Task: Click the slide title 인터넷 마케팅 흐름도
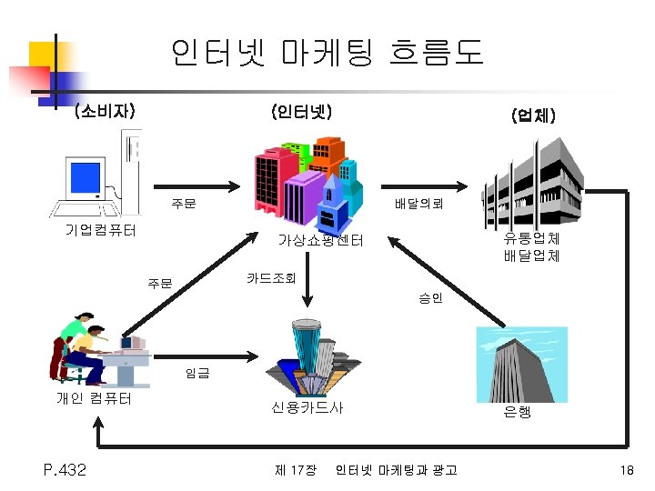(x=327, y=52)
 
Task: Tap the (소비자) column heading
(x=105, y=113)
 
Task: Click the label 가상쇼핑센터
(x=320, y=240)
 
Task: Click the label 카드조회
(x=270, y=277)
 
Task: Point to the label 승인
(x=430, y=297)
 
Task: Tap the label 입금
(x=196, y=372)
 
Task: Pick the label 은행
(x=517, y=412)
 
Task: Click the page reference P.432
(x=65, y=469)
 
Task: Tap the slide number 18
(x=625, y=469)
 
